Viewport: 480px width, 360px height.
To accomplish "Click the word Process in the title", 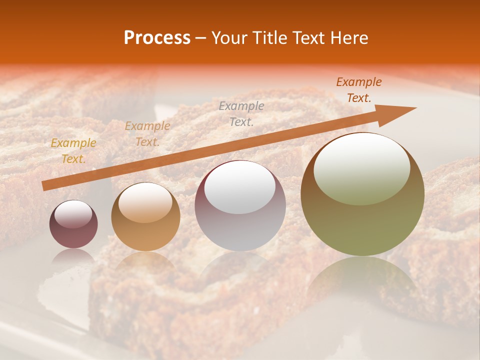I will click(x=157, y=38).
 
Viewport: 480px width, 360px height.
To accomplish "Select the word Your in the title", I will click(x=230, y=38).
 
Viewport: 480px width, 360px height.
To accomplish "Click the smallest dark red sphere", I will click(x=73, y=224).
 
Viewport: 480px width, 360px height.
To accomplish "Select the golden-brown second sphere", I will click(x=145, y=217).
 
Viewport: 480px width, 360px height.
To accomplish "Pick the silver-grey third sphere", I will click(x=240, y=206).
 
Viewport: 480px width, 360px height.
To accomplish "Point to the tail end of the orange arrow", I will click(x=45, y=186).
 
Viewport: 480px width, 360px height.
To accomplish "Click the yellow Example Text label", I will click(x=73, y=151).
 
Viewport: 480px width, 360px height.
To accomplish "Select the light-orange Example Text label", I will click(x=147, y=134).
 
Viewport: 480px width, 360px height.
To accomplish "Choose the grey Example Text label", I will click(x=241, y=113).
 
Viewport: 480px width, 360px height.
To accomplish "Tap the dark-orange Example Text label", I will click(x=359, y=90).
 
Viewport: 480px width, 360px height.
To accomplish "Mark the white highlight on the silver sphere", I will click(x=240, y=187).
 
